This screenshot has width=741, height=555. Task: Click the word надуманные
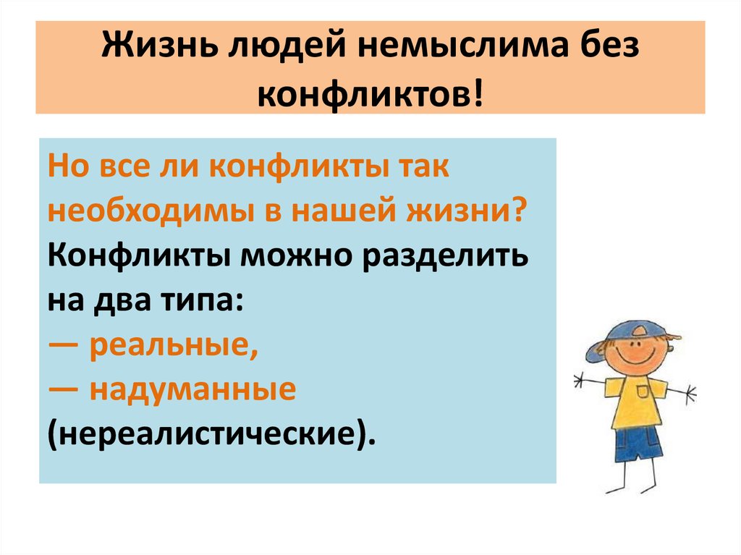pyautogui.click(x=193, y=391)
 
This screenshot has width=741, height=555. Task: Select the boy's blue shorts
pyautogui.click(x=638, y=443)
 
